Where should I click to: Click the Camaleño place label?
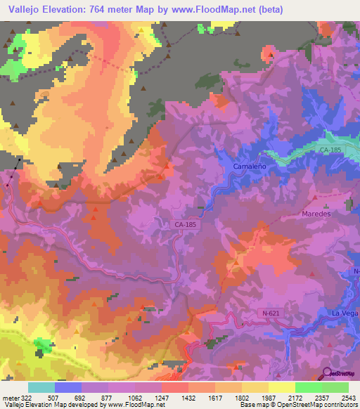point(247,166)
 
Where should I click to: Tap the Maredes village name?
point(315,213)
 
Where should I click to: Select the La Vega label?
point(345,313)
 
